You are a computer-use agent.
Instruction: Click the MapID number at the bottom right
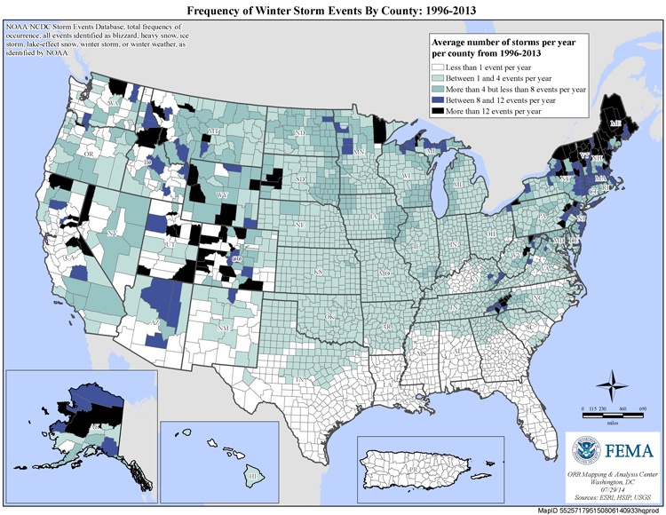click(x=601, y=511)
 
